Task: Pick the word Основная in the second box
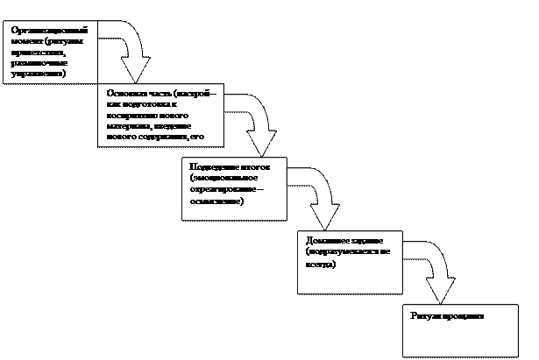tap(122, 92)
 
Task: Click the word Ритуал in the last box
tap(422, 314)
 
